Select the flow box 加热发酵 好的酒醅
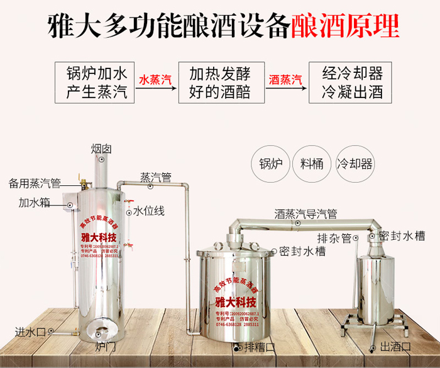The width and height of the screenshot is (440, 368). pos(219,82)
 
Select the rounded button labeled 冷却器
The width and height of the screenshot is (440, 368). pos(355,164)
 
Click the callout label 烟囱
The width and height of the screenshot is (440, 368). pos(101,149)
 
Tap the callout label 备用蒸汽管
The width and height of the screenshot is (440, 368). pos(35,183)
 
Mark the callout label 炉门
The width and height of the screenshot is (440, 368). pos(104,346)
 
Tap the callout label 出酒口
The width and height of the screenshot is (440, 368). pos(395,347)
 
